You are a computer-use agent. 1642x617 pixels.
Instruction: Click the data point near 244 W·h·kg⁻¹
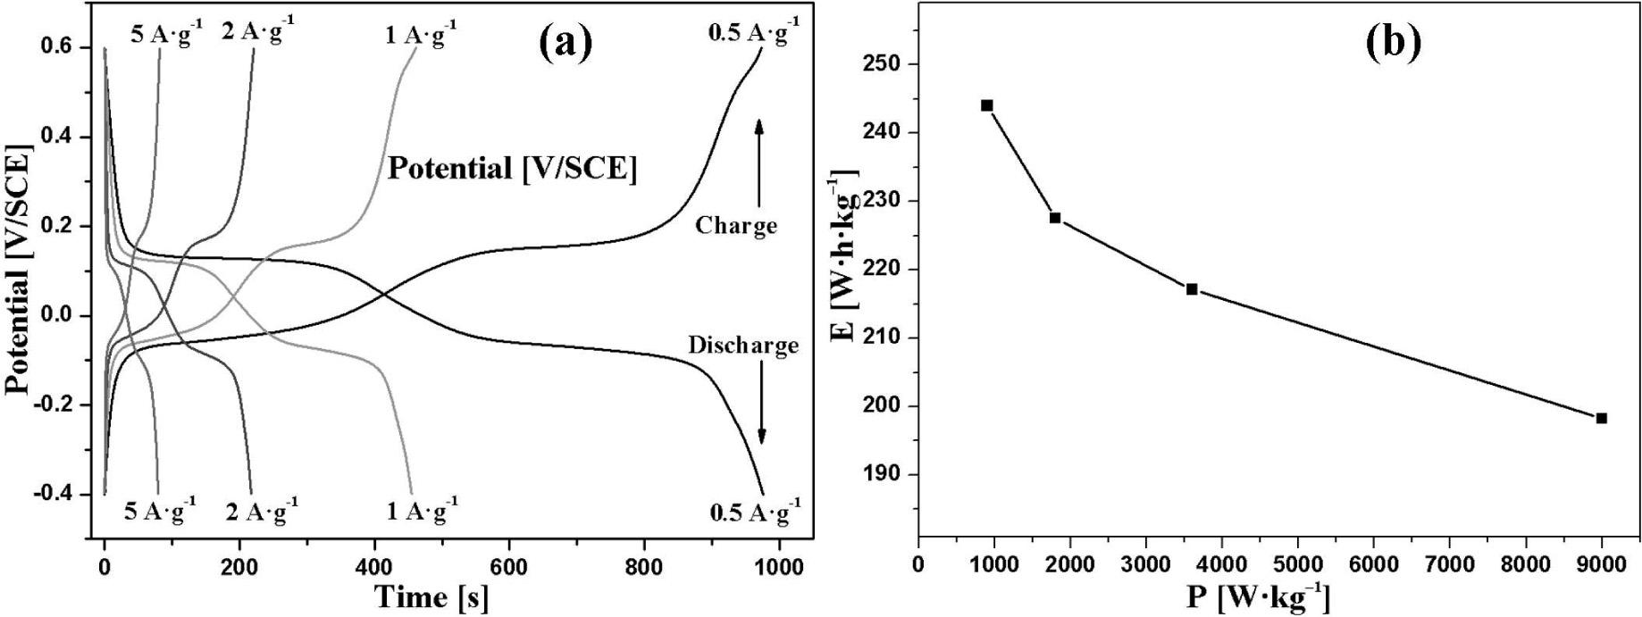(986, 105)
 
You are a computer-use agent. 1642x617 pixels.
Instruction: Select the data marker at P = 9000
(1601, 418)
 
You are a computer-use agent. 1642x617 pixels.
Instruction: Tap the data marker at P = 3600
(1191, 289)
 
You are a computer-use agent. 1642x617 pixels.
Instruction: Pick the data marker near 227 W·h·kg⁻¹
(1055, 218)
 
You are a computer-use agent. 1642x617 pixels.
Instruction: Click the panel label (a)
(566, 42)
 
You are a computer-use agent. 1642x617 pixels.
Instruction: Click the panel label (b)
(1394, 42)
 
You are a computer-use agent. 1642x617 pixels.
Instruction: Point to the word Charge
(736, 225)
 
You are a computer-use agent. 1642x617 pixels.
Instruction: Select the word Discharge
(743, 346)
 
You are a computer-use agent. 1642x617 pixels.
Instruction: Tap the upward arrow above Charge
(758, 165)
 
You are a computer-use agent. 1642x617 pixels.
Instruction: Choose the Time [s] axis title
(431, 596)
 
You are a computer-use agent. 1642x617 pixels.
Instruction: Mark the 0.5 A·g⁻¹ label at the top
(752, 34)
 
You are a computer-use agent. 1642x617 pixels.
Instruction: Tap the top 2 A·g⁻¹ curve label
(256, 32)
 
